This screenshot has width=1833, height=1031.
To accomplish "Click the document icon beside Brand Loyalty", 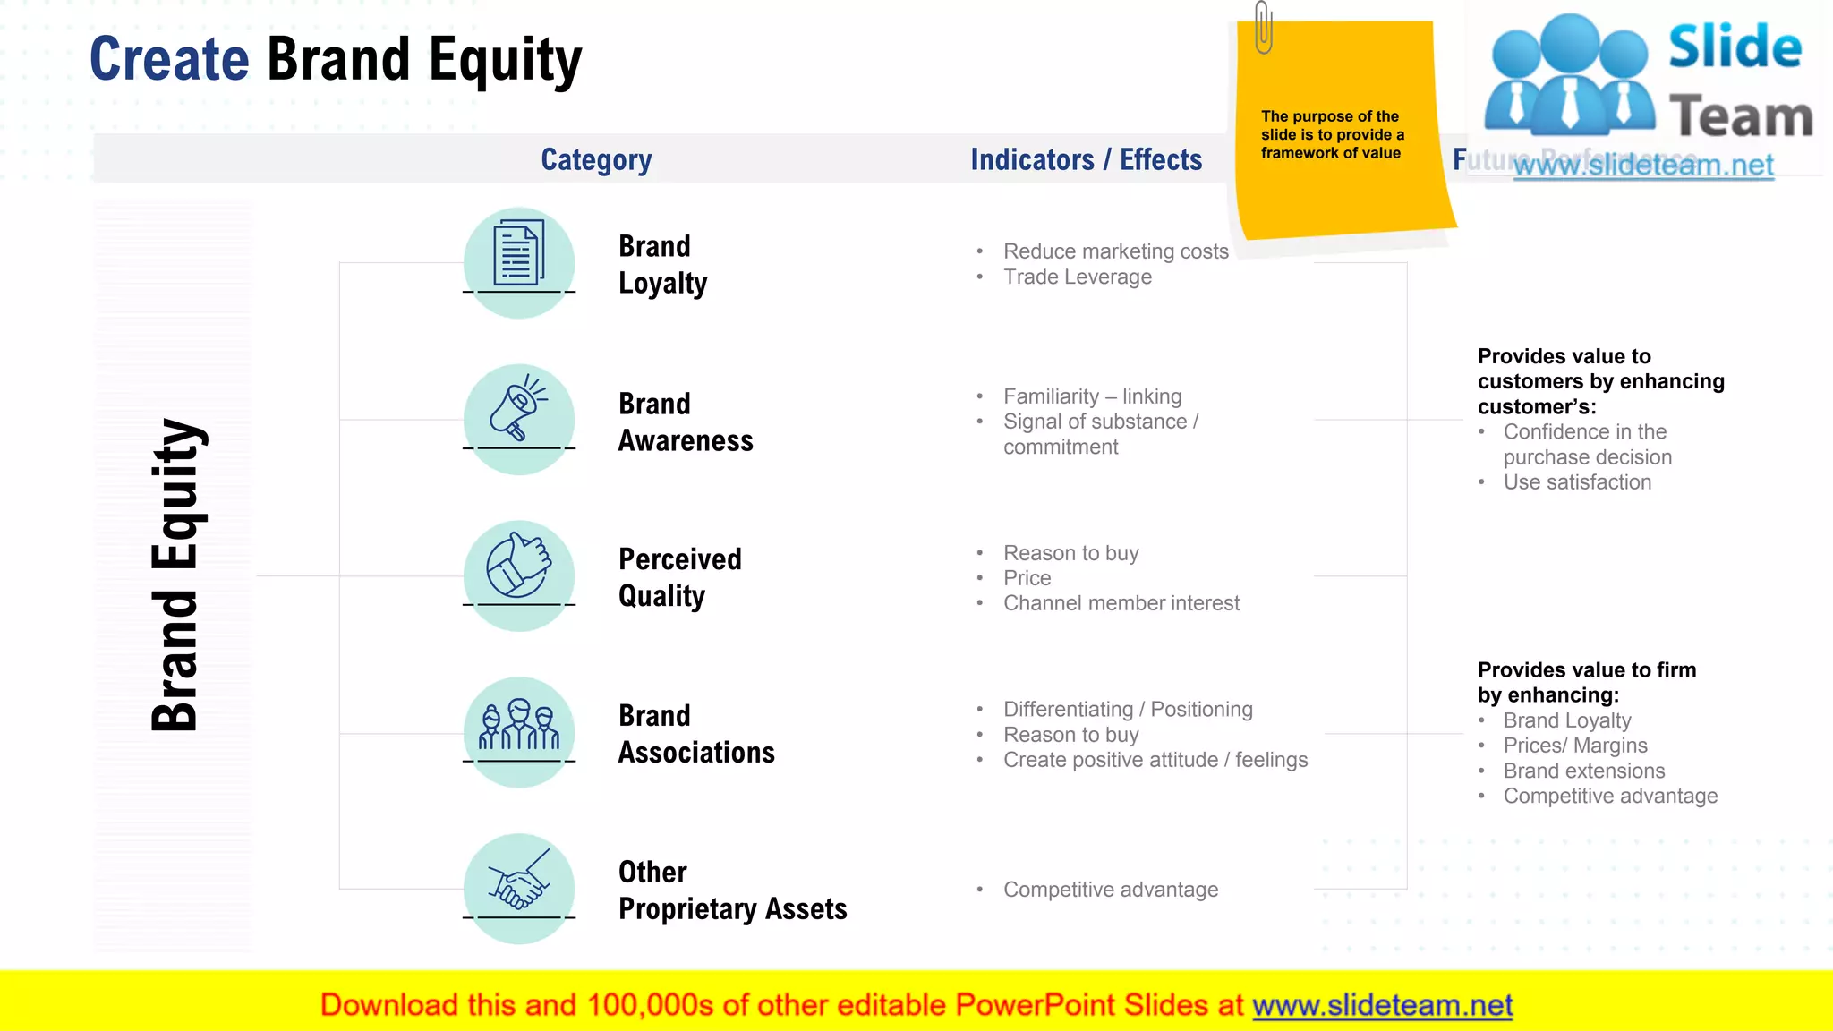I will coord(519,254).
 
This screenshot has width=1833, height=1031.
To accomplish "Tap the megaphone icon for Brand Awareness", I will coord(519,411).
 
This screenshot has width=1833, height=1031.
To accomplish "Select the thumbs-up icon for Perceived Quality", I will coord(519,567).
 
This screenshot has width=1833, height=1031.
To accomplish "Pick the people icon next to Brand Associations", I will coord(519,725).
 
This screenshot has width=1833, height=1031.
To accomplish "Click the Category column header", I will coord(596,159).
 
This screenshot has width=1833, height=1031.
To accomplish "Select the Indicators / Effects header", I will coord(1086,159).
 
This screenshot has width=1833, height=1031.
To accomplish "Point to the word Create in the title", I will coord(169,59).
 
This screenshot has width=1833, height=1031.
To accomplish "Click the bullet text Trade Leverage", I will coord(1078,277).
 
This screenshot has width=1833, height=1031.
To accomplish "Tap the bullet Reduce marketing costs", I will coord(1115,251).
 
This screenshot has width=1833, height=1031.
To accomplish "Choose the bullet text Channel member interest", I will coord(1121,603).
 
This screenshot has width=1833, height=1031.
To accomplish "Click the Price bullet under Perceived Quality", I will coord(1027,578).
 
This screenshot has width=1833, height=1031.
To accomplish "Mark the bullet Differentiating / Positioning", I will coord(1128,710).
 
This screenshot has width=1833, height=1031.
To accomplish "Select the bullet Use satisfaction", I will coord(1577,482).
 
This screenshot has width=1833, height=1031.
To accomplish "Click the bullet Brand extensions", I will coord(1584,771).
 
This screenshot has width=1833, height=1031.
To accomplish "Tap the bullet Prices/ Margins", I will coord(1575,746).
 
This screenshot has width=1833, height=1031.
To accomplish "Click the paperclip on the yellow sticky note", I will coord(1263,27).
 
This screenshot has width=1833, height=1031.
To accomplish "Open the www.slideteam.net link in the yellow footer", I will coord(1382,1005).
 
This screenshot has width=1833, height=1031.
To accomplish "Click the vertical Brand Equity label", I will coord(175,575).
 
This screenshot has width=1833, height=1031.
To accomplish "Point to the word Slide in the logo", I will coord(1735,47).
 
